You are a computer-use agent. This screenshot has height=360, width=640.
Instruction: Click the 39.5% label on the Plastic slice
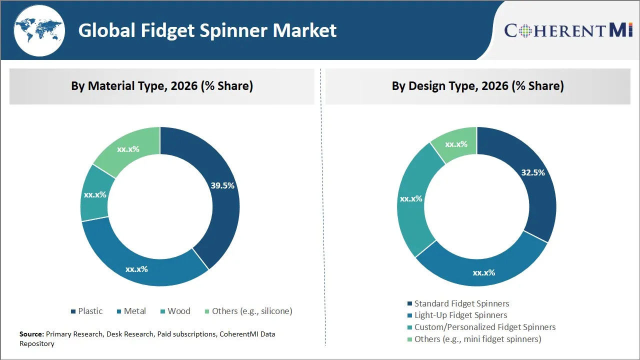(222, 185)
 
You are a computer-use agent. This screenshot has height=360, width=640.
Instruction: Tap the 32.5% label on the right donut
(533, 172)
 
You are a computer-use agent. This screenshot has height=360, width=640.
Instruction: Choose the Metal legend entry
(131, 311)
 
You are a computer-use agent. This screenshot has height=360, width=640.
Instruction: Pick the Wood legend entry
(175, 311)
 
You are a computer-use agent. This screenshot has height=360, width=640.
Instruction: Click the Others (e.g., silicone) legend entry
(248, 311)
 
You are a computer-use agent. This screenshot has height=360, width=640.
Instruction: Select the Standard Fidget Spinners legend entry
(457, 303)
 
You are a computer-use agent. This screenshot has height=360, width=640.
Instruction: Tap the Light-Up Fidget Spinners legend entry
(456, 315)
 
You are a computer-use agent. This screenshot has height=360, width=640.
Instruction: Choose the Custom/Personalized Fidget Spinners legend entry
(481, 327)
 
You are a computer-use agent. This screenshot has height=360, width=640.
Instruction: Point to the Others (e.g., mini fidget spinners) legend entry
(473, 339)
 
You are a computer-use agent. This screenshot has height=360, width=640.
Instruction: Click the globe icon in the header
(39, 30)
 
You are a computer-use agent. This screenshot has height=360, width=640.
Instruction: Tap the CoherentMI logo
(568, 30)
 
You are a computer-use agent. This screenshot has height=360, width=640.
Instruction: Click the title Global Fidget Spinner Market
(207, 30)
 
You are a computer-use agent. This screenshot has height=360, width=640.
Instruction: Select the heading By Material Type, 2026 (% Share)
(162, 86)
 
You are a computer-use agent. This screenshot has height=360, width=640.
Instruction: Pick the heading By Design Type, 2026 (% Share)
(477, 86)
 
